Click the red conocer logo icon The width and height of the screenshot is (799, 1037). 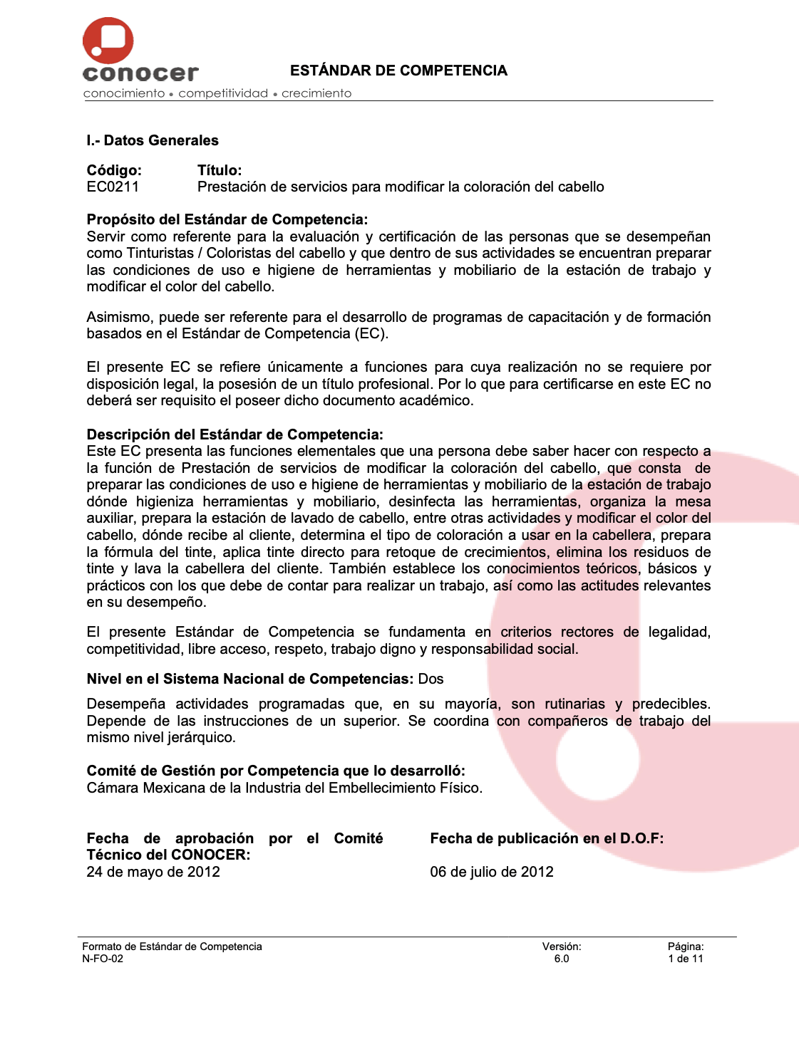tap(108, 41)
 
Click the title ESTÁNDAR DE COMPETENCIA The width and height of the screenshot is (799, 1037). tap(398, 71)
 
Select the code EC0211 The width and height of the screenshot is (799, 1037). tap(113, 187)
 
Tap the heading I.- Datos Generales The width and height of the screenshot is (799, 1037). tap(153, 140)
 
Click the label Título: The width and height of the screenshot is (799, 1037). tap(220, 170)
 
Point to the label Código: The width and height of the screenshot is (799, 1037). tap(114, 170)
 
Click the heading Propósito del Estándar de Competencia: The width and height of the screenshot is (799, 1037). tap(227, 219)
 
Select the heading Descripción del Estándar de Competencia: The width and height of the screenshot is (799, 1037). tap(234, 434)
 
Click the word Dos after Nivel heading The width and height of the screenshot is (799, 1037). tap(431, 679)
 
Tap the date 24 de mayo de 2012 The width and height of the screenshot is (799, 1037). tap(153, 872)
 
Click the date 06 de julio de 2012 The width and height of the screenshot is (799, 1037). tap(492, 872)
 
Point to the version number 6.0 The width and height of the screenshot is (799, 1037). tap(562, 959)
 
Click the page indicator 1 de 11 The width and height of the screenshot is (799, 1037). tap(686, 959)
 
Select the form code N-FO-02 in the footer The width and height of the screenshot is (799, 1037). tap(103, 959)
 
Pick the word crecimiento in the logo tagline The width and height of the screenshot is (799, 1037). tap(316, 93)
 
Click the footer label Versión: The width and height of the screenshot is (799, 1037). tap(562, 947)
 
